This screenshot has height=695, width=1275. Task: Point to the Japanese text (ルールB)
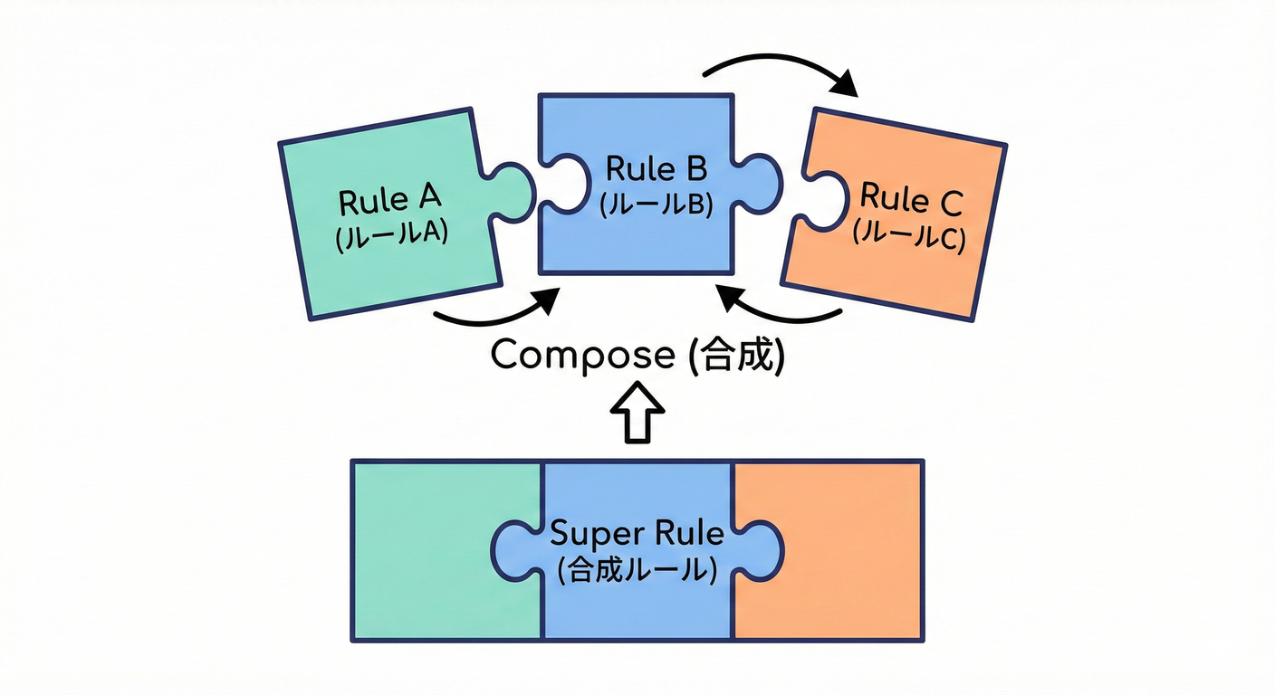[x=657, y=205]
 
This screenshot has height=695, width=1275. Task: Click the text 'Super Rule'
[x=637, y=533]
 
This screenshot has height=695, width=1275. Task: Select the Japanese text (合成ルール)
[x=637, y=570]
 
